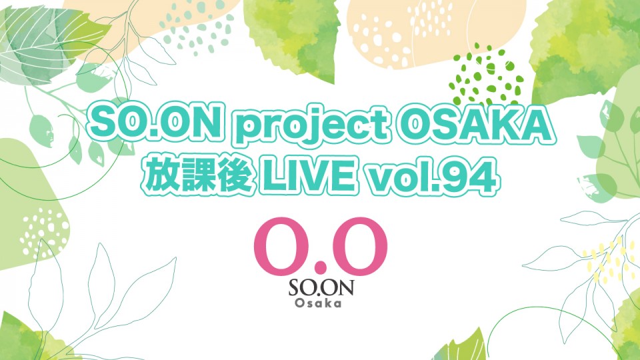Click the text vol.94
pyautogui.click(x=431, y=176)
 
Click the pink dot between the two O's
pyautogui.click(x=321, y=269)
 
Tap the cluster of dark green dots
pyautogui.click(x=486, y=76)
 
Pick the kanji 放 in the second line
pyautogui.click(x=161, y=176)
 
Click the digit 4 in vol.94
pyautogui.click(x=485, y=176)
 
